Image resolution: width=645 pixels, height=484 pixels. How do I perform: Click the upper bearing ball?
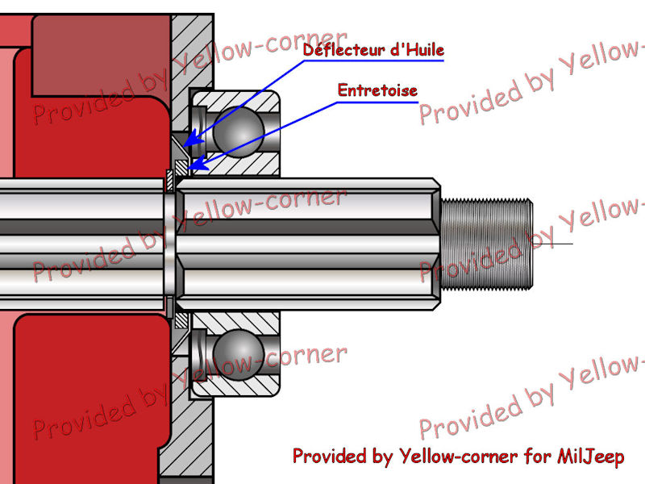coord(239,131)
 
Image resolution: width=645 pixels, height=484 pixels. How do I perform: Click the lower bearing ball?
coord(239,354)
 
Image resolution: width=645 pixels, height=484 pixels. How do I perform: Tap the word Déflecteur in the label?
coord(344,50)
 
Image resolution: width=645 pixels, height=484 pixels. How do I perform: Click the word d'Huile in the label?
coord(418,50)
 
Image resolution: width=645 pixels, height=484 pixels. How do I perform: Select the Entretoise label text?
coord(377,90)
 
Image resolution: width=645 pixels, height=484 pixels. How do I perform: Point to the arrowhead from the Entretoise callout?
coord(198,164)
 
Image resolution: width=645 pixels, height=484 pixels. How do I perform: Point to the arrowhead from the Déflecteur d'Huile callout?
coord(193,140)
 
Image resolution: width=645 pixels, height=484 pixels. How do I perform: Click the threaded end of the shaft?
coord(487,244)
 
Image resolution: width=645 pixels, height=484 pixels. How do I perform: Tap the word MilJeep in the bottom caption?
coord(591,457)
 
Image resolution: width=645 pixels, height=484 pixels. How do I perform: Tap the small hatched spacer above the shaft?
coord(181,168)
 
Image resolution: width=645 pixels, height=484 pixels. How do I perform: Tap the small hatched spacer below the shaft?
coord(181,320)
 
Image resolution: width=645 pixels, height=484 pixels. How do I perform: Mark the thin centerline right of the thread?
coord(553,244)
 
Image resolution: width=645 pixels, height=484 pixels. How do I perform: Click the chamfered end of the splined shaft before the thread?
coord(436,244)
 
